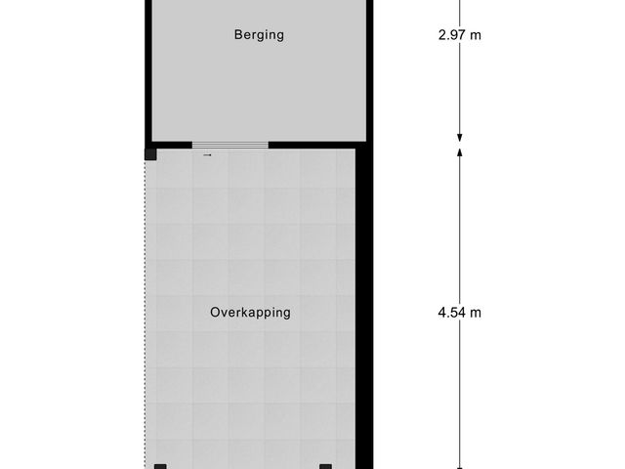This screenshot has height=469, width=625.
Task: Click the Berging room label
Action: [x=259, y=35]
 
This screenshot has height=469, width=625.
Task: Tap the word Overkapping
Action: [x=250, y=314]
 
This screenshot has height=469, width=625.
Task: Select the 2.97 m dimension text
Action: [x=460, y=36]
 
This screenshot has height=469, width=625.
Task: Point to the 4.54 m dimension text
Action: [x=460, y=314]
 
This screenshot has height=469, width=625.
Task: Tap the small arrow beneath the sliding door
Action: [x=207, y=154]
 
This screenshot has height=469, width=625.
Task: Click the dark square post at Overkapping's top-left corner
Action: [x=150, y=153]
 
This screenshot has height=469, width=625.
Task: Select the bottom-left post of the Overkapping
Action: [x=161, y=466]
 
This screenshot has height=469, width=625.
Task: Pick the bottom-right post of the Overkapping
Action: [x=326, y=466]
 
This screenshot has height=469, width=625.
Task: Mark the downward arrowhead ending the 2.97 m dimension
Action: [x=460, y=138]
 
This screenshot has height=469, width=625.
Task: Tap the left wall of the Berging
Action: [x=147, y=68]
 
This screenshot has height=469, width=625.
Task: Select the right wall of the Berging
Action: [x=372, y=68]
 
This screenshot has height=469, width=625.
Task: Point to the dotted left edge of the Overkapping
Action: [x=146, y=313]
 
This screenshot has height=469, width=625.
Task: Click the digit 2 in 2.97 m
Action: [x=442, y=36]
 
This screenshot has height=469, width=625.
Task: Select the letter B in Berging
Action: [x=237, y=35]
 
